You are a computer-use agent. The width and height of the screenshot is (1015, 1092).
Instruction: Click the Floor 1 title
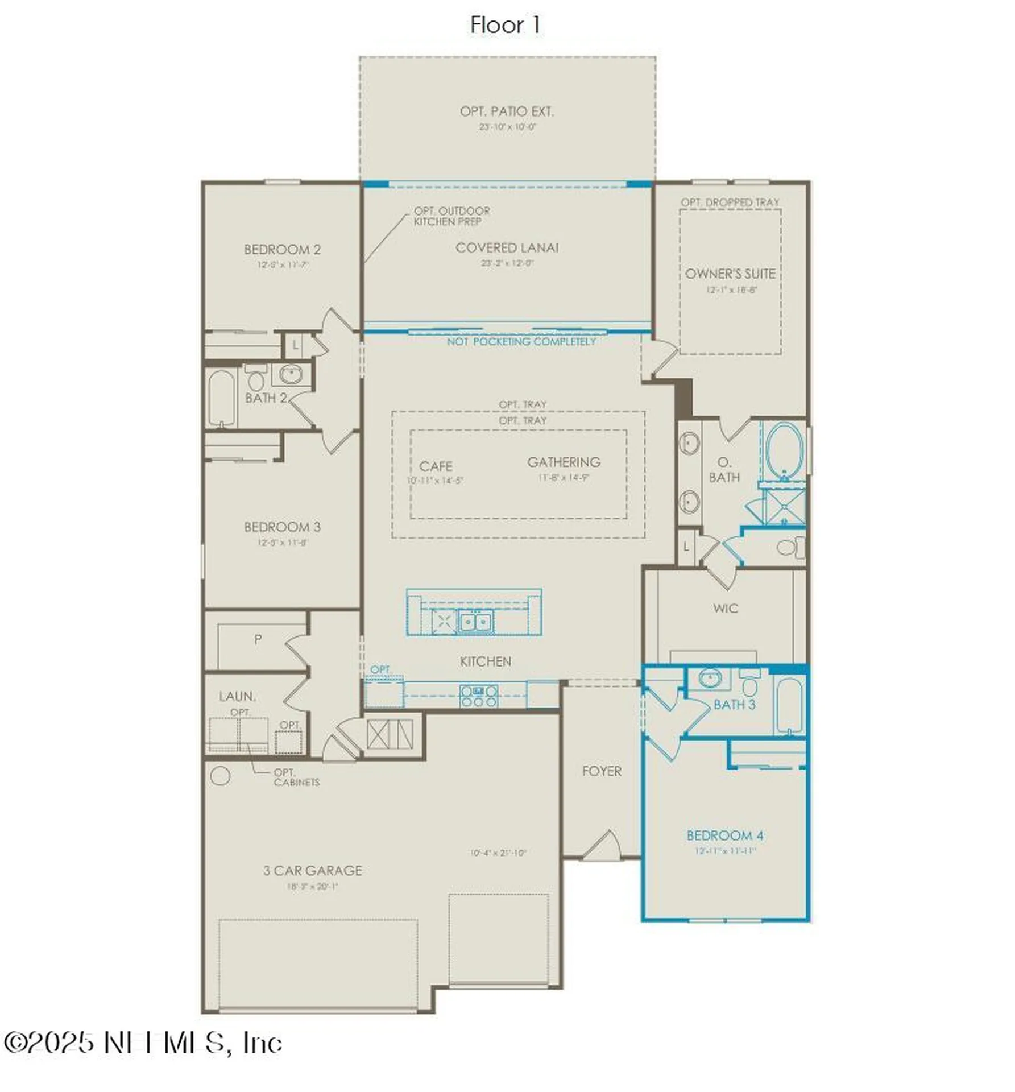[504, 25]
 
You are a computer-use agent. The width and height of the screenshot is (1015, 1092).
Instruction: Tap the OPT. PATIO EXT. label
[507, 111]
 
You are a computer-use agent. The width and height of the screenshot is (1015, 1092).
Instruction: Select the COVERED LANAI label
[507, 248]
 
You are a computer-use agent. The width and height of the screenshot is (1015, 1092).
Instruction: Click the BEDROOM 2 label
[282, 250]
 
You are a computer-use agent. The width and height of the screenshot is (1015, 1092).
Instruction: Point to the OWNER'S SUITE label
[730, 274]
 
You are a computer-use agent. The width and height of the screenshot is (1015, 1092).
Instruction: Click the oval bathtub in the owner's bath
[784, 453]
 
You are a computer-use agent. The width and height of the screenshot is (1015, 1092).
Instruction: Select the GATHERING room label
[564, 462]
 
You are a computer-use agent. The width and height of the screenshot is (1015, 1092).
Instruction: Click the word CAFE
[436, 466]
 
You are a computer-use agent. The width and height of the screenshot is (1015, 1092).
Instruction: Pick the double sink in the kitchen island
[475, 622]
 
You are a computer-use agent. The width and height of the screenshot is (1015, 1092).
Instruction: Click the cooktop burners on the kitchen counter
[479, 696]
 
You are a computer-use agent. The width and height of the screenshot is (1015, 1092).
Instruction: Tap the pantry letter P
[258, 639]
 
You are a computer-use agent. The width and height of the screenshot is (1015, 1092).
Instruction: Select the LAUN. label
[237, 696]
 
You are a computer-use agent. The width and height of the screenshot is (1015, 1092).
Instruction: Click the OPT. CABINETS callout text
[296, 777]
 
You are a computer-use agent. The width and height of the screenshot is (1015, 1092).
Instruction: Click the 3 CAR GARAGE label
[312, 871]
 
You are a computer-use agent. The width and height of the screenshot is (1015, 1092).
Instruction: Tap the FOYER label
[602, 771]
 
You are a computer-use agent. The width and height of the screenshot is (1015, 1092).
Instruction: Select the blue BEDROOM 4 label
[725, 835]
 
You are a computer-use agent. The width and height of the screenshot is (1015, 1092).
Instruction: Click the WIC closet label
[725, 609]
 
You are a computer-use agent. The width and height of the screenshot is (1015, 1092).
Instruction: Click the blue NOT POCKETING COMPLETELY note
[521, 342]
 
